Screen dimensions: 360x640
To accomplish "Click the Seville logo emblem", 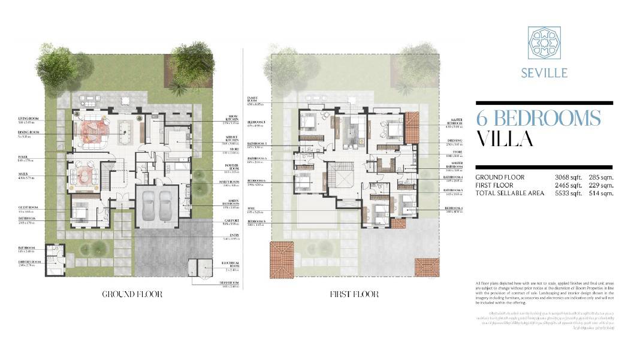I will pyautogui.click(x=544, y=43).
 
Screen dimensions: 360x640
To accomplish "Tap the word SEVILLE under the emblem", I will pyautogui.click(x=544, y=74).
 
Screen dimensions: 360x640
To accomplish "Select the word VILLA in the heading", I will pyautogui.click(x=505, y=138).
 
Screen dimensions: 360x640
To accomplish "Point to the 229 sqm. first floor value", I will pyautogui.click(x=600, y=185).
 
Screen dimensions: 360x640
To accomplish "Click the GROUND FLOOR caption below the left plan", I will pyautogui.click(x=132, y=294).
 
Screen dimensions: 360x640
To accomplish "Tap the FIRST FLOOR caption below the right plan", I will pyautogui.click(x=354, y=294).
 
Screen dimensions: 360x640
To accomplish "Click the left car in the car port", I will pyautogui.click(x=149, y=207).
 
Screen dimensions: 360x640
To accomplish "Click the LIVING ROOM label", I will pyautogui.click(x=28, y=119).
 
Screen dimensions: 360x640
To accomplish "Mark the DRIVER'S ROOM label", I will pyautogui.click(x=29, y=261).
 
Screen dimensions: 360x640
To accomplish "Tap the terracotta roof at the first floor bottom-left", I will pyautogui.click(x=281, y=259).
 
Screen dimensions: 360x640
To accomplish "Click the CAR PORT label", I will pyautogui.click(x=230, y=221).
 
